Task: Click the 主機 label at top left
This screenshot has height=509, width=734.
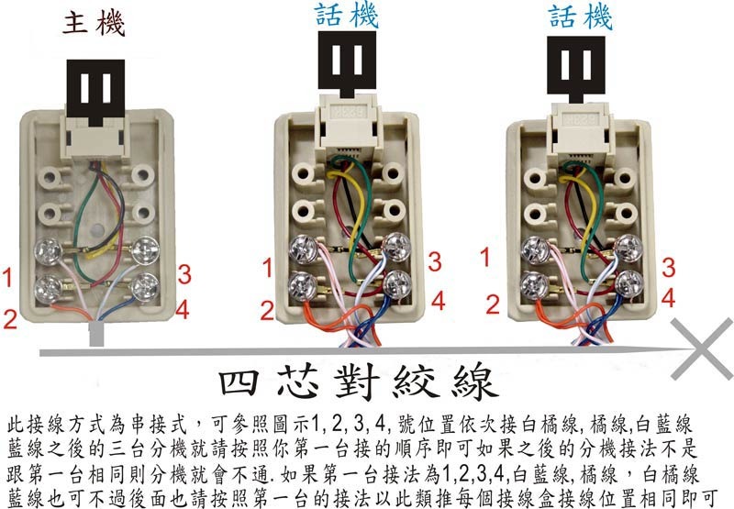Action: point(94,24)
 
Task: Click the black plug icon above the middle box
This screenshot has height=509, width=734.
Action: point(347,64)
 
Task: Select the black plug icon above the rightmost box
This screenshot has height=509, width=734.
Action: point(576,69)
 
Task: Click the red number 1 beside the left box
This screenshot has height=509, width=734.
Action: point(7,277)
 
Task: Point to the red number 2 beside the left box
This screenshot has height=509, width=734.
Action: point(10,318)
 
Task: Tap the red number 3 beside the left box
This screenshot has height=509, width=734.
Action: point(184,274)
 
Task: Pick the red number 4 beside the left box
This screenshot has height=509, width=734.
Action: point(183,309)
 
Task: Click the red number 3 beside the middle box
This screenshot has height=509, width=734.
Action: point(435,262)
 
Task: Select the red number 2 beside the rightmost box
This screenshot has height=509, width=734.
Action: point(493,304)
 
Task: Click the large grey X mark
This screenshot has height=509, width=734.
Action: point(702,349)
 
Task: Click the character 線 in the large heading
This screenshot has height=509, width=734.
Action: point(473,382)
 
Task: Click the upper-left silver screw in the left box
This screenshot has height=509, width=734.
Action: point(49,251)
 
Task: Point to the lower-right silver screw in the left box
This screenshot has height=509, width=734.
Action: point(145,286)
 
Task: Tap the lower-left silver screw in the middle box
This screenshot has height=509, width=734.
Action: point(303,285)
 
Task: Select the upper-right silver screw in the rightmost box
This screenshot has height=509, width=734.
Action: point(628,248)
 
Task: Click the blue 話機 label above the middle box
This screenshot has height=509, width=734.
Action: point(347,16)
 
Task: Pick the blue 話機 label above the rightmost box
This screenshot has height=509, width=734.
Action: point(580,17)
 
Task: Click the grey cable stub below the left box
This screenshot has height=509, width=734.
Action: point(97,334)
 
